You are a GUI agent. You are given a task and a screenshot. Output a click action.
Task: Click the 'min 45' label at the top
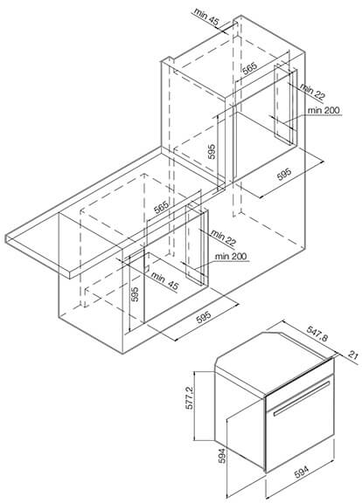click(x=206, y=17)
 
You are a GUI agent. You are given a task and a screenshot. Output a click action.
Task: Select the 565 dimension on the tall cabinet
click(x=249, y=68)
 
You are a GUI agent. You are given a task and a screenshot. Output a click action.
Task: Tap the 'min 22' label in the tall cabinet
click(x=313, y=92)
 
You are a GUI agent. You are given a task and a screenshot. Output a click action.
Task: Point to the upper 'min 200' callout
click(x=324, y=110)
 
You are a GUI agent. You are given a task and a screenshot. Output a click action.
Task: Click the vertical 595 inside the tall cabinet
click(x=212, y=151)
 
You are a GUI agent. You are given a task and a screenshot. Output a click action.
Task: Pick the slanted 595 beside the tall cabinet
click(x=284, y=174)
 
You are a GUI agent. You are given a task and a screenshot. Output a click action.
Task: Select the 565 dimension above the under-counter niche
click(x=161, y=207)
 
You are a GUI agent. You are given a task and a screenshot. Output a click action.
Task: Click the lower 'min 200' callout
click(x=231, y=257)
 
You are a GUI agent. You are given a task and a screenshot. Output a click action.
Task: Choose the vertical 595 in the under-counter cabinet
click(x=135, y=294)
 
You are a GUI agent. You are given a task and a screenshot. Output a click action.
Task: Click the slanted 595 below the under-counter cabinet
click(x=204, y=318)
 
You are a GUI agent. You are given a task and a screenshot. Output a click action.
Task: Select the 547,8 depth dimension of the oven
click(x=317, y=334)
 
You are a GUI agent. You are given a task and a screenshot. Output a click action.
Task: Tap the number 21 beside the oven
click(x=352, y=355)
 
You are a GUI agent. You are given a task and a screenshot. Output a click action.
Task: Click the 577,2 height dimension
click(x=190, y=397)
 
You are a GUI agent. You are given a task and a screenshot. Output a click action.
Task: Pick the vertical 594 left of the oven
click(x=221, y=456)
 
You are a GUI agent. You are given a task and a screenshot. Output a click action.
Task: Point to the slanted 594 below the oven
click(x=302, y=472)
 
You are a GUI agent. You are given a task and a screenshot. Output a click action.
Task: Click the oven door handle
click(x=302, y=399)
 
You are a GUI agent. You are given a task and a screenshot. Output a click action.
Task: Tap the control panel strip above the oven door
click(x=299, y=379)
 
